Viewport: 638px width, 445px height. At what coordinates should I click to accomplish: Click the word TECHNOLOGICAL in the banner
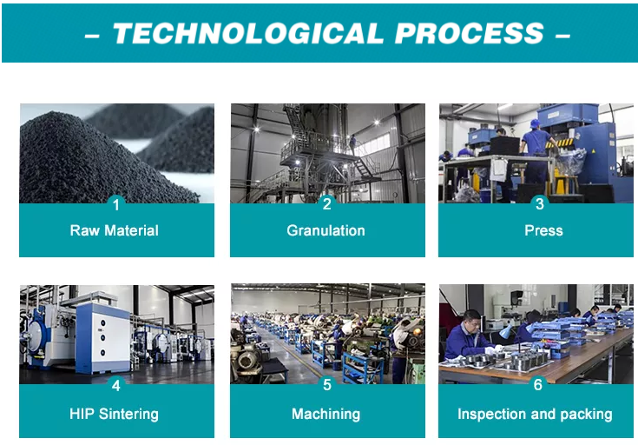click(247, 33)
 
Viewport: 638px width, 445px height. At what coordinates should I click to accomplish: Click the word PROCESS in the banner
click(470, 33)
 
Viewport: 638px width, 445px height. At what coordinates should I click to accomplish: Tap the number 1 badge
click(116, 204)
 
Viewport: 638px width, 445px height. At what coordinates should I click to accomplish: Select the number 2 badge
click(327, 203)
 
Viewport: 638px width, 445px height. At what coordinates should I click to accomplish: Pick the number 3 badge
click(540, 203)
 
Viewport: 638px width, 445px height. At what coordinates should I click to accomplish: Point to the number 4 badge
click(116, 385)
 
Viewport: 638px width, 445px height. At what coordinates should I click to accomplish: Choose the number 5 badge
click(327, 385)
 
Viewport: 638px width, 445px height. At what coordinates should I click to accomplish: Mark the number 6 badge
click(538, 384)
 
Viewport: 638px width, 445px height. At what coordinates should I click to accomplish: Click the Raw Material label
click(115, 230)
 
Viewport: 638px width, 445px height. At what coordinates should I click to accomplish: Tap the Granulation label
click(326, 230)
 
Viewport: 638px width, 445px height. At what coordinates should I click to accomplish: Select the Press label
click(543, 230)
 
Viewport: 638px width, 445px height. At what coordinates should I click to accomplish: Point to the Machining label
click(326, 415)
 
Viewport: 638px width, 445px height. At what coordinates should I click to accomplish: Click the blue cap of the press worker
click(534, 123)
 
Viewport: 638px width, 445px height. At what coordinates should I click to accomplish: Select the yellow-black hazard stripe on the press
click(560, 143)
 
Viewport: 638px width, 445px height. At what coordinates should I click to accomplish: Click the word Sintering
click(128, 415)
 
